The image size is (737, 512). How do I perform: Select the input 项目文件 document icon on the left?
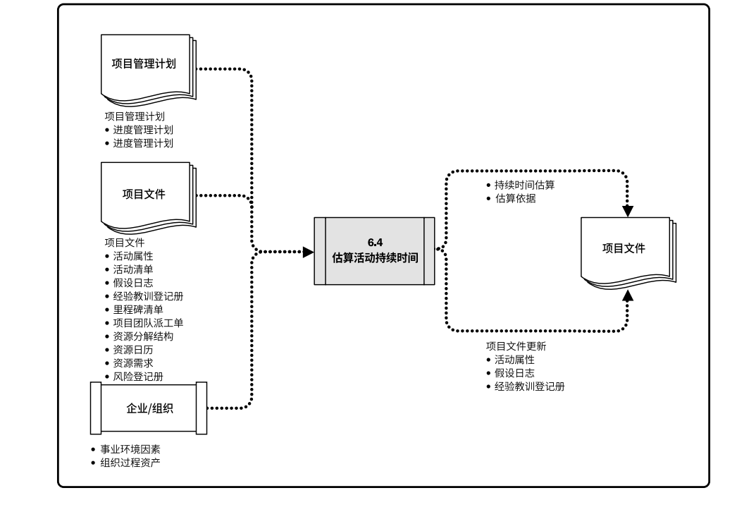(147, 195)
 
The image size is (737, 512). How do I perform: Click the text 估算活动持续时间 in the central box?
(375, 257)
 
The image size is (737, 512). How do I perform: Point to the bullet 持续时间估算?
(522, 185)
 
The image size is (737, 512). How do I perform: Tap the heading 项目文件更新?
(516, 346)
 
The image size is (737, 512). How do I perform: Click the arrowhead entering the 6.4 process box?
(308, 252)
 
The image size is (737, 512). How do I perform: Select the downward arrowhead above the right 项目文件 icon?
(628, 210)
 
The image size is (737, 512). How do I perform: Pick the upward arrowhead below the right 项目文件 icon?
(628, 293)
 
